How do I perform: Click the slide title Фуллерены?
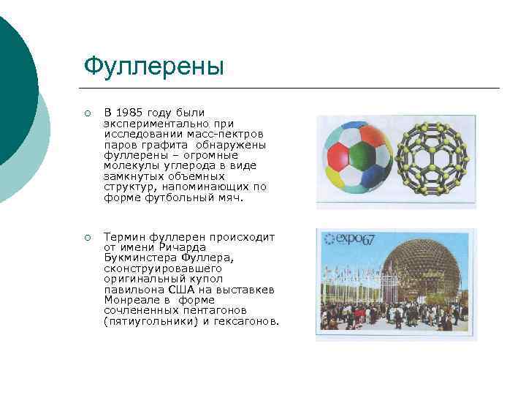(153, 67)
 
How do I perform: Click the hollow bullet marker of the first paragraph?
(87, 113)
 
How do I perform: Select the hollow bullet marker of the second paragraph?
(87, 238)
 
